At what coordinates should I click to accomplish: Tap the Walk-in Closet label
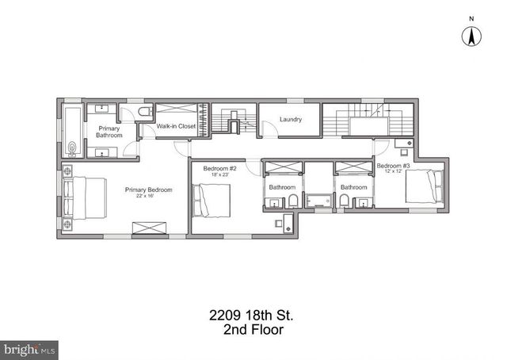tap(176, 126)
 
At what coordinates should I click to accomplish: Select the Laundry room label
tap(291, 120)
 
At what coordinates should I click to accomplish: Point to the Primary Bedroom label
tap(148, 190)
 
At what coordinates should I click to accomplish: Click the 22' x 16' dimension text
tap(148, 197)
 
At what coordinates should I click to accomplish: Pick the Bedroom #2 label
tap(220, 168)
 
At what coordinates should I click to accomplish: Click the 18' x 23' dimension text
tap(220, 174)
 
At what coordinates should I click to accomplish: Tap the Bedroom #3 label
tap(393, 165)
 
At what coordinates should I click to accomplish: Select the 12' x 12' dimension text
tap(394, 171)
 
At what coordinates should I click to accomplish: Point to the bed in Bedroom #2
tap(214, 199)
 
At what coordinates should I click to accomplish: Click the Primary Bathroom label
tap(110, 132)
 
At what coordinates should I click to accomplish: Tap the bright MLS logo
tap(29, 348)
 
